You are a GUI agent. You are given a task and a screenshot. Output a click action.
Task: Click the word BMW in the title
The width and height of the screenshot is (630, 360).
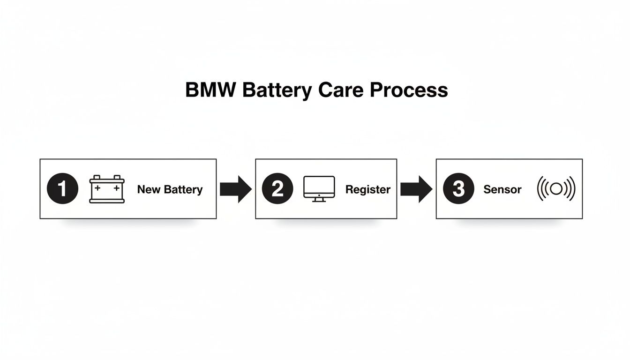point(210,90)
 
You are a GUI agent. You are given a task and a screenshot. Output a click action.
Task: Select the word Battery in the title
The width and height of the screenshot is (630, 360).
point(276,90)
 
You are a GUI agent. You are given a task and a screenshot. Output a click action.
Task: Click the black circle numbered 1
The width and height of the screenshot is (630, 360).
point(62,189)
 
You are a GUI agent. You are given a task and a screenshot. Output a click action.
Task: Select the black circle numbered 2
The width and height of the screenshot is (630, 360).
point(277,189)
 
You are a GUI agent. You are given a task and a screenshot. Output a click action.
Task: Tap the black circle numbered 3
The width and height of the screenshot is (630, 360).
point(458,189)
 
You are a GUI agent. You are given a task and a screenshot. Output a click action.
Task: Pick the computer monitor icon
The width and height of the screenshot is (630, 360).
point(319,189)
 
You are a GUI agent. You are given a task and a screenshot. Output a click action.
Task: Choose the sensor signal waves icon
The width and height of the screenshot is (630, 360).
point(556,189)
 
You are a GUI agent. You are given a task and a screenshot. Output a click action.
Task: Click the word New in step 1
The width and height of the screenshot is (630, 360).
point(149,189)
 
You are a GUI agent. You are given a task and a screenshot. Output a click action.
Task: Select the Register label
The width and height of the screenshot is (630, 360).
point(367,189)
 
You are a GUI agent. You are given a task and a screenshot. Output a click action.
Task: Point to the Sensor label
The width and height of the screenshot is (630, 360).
point(502,189)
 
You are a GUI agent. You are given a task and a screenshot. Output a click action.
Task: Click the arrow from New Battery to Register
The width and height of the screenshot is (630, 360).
point(235,189)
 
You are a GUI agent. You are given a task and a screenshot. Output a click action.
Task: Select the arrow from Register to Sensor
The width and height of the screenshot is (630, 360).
point(416,189)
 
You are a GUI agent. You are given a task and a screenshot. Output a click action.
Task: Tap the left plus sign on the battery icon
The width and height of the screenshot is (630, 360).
point(97,188)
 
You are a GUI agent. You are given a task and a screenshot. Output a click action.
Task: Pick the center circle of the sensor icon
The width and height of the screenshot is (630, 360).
point(556,189)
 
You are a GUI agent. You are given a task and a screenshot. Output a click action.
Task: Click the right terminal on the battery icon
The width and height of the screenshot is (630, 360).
point(118,177)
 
